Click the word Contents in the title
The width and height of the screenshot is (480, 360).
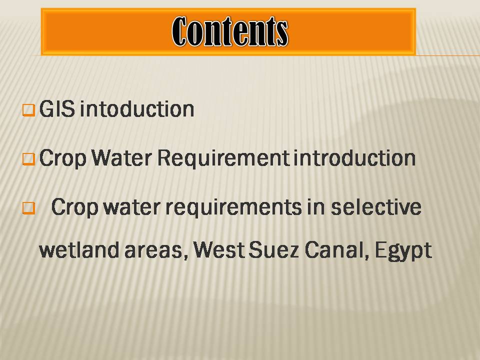[230, 31]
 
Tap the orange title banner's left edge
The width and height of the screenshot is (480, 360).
[41, 32]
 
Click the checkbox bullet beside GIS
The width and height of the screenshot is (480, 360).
[29, 110]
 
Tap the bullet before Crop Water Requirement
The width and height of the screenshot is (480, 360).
[29, 159]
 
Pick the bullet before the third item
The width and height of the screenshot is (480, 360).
[29, 208]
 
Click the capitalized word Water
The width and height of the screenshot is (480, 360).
[122, 158]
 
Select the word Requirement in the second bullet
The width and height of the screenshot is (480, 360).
[223, 158]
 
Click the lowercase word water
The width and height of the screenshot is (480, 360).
[132, 207]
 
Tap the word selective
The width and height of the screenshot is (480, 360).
[376, 207]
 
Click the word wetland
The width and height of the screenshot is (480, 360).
[79, 250]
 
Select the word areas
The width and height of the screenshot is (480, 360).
[156, 251]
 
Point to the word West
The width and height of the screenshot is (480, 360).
[219, 250]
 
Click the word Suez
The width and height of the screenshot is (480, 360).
[273, 250]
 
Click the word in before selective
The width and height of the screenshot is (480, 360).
[316, 207]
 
